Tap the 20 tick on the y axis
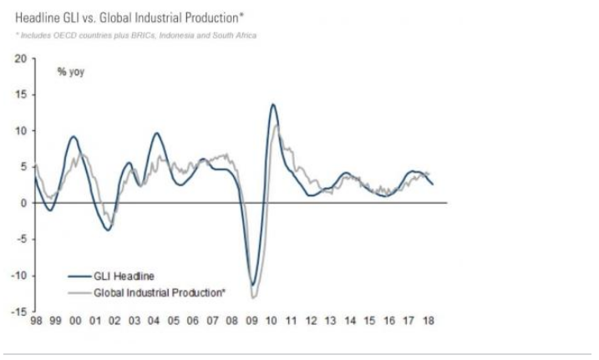point(20,58)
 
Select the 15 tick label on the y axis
point(20,94)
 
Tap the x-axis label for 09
point(252,321)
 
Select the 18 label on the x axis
point(429,321)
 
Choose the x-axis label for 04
point(155,321)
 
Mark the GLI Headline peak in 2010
point(273,104)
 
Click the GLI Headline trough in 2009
point(252,284)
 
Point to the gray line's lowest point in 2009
point(253,298)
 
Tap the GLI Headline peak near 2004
point(155,134)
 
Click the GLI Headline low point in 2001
point(108,230)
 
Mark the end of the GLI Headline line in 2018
point(433,185)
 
